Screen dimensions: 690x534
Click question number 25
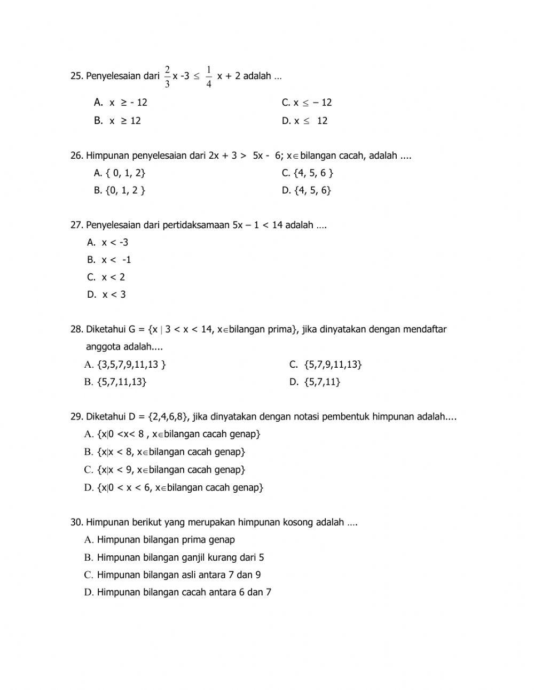pos(77,76)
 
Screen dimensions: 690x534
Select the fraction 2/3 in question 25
pos(167,76)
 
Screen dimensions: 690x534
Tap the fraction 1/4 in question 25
pos(208,76)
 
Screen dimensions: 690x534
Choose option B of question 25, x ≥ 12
pos(118,121)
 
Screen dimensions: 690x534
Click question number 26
pos(77,156)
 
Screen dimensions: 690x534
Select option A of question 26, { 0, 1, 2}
pos(120,173)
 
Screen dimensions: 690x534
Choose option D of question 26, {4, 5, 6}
pos(307,190)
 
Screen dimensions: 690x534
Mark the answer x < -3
pos(108,243)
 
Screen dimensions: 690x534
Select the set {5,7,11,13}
pos(116,382)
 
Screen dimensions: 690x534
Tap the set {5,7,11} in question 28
pos(316,382)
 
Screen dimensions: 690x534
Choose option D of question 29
pos(174,487)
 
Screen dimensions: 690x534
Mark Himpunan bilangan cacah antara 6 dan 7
pos(178,592)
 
